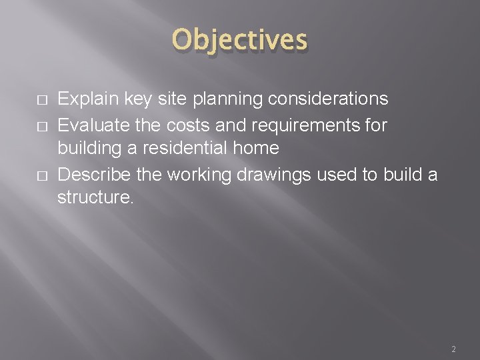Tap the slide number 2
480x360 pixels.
click(453, 349)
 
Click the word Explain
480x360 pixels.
click(82, 99)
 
